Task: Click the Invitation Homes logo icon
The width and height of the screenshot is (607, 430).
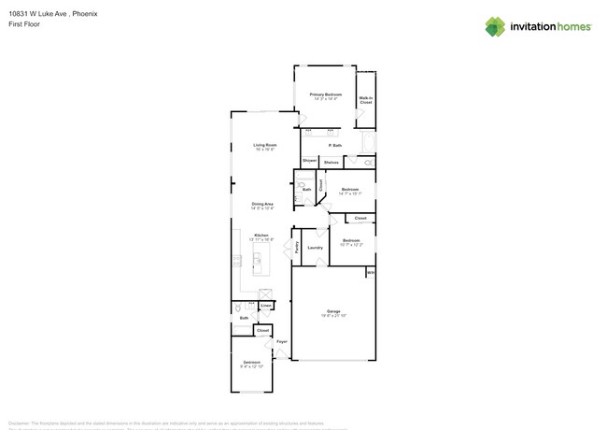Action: (496, 26)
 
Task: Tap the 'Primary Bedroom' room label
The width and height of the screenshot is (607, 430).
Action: (326, 95)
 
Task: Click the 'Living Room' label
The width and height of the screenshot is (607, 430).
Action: (265, 145)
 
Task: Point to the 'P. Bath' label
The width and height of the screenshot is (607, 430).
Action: (334, 146)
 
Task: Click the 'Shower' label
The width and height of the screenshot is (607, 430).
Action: (309, 162)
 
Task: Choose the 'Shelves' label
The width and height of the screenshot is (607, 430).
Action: (331, 163)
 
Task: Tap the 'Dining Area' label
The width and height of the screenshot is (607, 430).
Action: (262, 204)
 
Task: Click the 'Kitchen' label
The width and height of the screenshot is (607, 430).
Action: (262, 235)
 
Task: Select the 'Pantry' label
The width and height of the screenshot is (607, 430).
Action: (297, 248)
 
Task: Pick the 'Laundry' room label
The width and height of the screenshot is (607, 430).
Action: (315, 248)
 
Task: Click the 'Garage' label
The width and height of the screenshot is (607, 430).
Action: (333, 311)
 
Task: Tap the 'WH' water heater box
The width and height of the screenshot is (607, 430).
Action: (370, 273)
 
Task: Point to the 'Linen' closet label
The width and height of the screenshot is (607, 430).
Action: (266, 305)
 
